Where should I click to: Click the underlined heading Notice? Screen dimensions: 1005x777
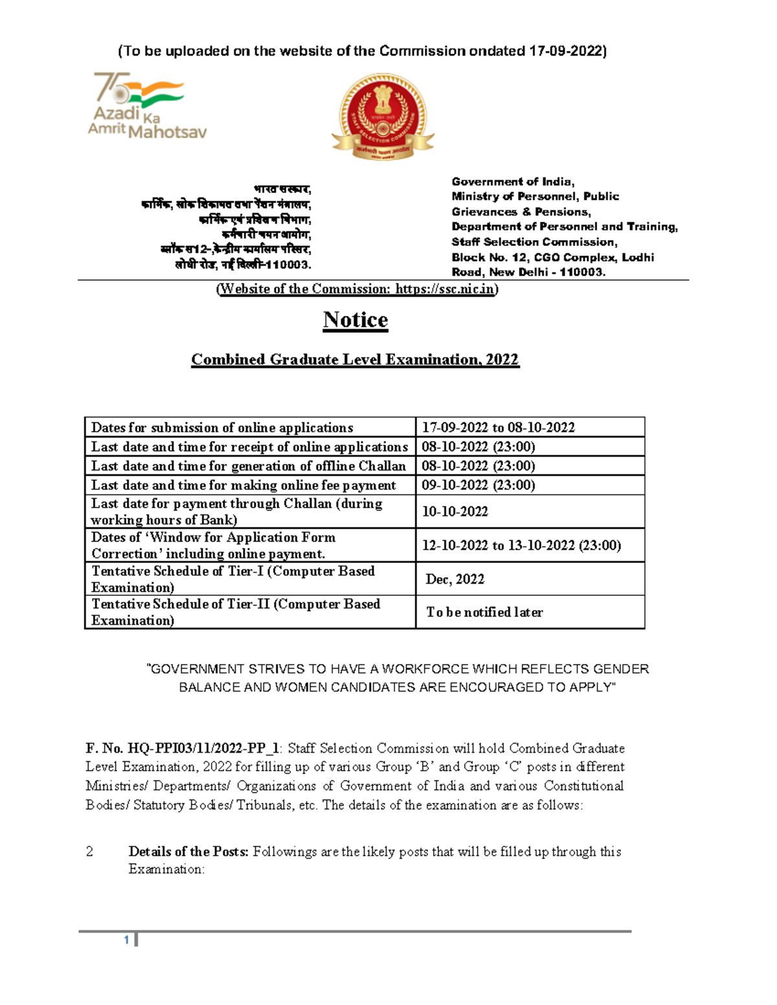(355, 320)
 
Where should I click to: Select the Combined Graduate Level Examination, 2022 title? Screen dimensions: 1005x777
(355, 360)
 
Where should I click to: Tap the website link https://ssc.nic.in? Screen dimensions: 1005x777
(445, 289)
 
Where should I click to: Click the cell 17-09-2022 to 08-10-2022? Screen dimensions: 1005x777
(498, 428)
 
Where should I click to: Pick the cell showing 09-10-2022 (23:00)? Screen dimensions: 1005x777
(479, 485)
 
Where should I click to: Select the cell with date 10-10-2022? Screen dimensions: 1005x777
(455, 512)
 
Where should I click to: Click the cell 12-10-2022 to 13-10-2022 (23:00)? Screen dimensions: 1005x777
(521, 546)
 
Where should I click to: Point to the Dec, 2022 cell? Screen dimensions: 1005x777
(455, 579)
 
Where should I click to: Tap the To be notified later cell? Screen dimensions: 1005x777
(484, 612)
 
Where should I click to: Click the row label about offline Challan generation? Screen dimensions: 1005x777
(249, 466)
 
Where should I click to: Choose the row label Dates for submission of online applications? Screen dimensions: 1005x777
(222, 428)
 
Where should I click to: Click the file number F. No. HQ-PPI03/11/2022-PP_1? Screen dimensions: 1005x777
(183, 749)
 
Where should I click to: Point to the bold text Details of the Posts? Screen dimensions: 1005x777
(188, 852)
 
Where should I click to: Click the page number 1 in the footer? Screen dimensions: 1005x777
(127, 940)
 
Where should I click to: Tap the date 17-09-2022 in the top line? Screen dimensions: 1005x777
(565, 51)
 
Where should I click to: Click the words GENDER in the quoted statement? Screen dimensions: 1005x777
(621, 669)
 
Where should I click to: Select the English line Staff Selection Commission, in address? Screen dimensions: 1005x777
(534, 242)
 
